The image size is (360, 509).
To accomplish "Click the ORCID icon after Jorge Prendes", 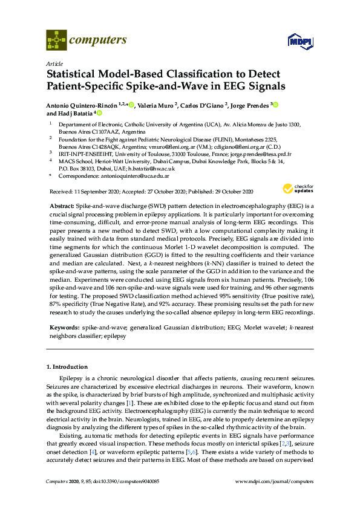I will (x=275, y=105).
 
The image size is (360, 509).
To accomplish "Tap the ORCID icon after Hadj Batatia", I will (x=99, y=113).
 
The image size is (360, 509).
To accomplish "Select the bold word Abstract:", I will (x=61, y=206).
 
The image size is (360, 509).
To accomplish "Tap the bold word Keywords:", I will (x=63, y=327).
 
